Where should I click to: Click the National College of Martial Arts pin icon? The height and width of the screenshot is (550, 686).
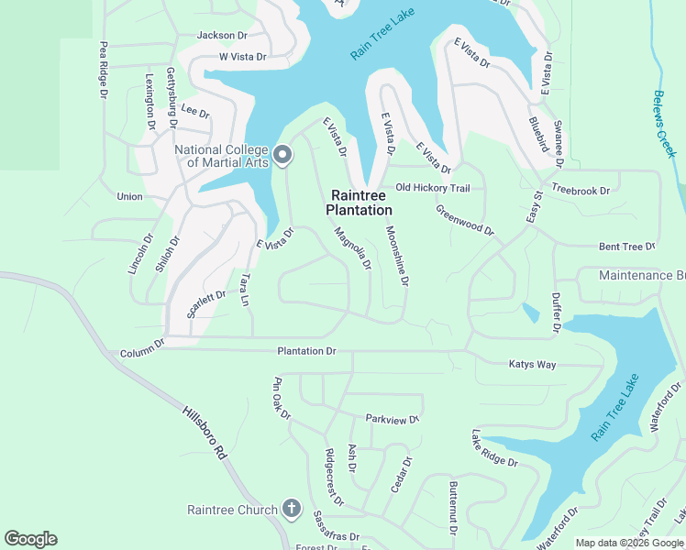coord(282,157)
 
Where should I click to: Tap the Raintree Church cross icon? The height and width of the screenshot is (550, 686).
coord(292,509)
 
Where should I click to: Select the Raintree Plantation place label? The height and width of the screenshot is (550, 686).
coord(361,203)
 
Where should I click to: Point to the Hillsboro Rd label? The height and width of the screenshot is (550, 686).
coord(204,434)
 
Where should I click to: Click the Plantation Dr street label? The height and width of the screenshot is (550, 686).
coord(307,351)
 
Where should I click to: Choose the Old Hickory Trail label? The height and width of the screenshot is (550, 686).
coord(432,188)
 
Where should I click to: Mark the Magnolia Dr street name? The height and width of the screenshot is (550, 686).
coord(352,249)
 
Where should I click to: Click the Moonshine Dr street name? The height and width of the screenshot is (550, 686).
coord(396,256)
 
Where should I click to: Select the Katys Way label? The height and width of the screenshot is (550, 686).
coord(533,365)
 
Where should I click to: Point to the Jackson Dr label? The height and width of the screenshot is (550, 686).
coord(222,36)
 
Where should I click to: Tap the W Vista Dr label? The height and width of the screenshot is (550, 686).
coord(242,57)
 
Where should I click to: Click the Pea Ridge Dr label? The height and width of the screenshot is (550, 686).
coord(104,70)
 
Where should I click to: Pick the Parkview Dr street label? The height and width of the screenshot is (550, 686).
coord(392,419)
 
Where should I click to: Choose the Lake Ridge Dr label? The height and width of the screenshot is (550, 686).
coord(495,449)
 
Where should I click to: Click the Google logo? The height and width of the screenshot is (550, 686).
coord(31,539)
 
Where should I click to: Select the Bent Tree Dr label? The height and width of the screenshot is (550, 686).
coord(627,247)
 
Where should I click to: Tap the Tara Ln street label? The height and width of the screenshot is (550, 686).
coord(245,291)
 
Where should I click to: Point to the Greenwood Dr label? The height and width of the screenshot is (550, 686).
coord(464,220)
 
